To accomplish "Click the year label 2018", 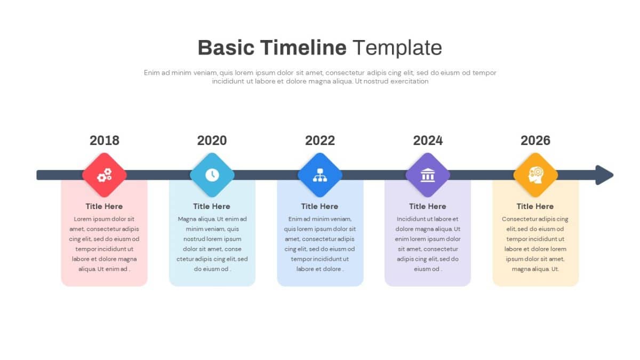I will [x=105, y=140].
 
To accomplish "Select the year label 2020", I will [x=212, y=140].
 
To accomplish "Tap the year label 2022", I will [x=320, y=140].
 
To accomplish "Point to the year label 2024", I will [x=428, y=140].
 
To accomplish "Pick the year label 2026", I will [x=535, y=140].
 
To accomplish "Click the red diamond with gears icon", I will [x=105, y=175].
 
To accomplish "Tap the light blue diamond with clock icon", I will [x=212, y=175].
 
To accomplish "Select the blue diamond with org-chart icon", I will [x=320, y=175].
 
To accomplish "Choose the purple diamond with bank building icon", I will [x=428, y=175].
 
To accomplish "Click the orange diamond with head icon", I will [x=535, y=175].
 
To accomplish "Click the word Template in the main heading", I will [x=397, y=48].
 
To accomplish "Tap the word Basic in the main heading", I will [x=226, y=48].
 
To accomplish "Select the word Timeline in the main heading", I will [x=303, y=48].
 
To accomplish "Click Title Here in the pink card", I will [x=104, y=206].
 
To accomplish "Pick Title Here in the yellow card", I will [x=535, y=206].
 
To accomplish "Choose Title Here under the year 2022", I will [x=319, y=206].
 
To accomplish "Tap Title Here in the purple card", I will [x=428, y=206].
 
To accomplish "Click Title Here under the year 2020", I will [x=212, y=206].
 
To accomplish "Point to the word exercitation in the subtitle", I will [x=409, y=82].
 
